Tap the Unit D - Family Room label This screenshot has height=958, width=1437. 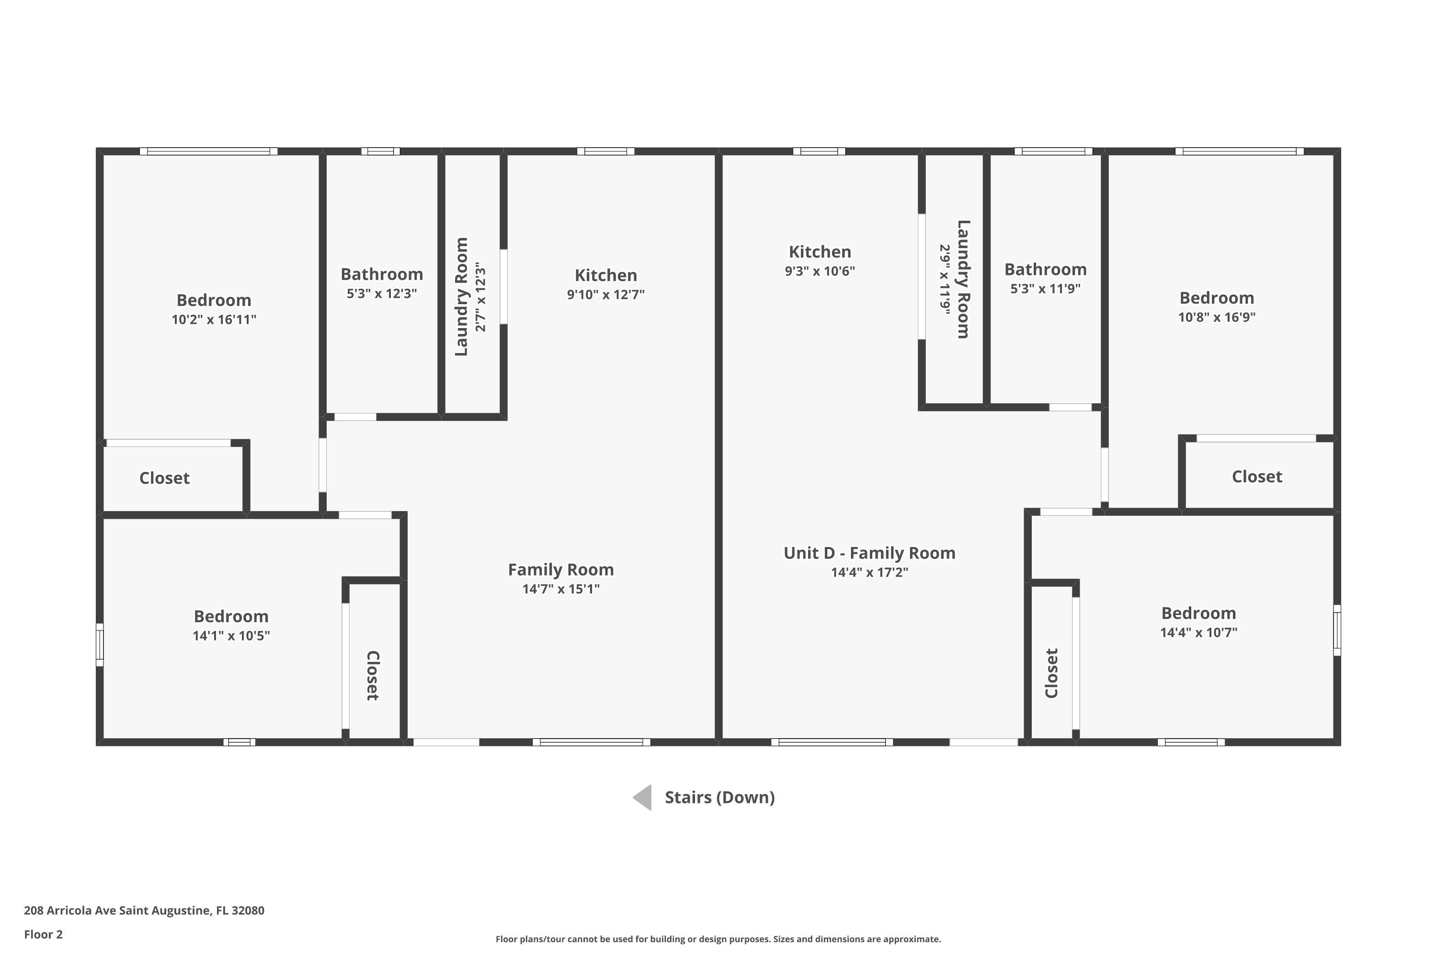coord(869,553)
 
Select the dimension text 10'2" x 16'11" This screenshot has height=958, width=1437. coord(214,319)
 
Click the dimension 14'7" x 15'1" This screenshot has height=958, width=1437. coord(561,589)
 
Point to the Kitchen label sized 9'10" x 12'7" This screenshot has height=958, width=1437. coord(605,275)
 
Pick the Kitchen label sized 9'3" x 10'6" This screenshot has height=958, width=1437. coord(820,252)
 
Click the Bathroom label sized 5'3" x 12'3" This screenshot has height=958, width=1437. coord(382,274)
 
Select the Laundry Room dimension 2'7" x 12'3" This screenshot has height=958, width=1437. coord(481,297)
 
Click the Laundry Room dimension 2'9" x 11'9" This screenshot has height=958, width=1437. coord(945,280)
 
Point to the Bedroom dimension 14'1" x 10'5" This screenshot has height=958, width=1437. coord(231,636)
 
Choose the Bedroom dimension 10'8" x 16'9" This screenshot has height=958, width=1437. coord(1217,317)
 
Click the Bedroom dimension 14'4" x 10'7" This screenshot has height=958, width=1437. coord(1199,632)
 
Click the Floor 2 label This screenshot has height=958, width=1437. coord(44,934)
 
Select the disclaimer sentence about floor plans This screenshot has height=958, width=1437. coord(718,939)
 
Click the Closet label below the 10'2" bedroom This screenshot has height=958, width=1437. coord(164,478)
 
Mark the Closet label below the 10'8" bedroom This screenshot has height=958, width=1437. coord(1257,477)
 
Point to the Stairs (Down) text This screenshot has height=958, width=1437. coord(720,798)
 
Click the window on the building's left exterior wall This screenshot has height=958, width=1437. coord(100,645)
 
